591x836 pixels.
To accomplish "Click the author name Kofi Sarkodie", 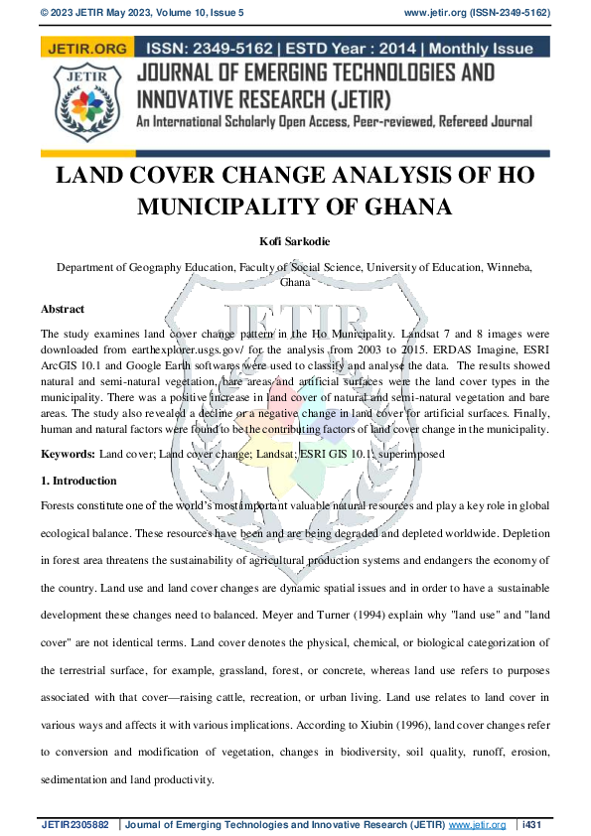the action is pyautogui.click(x=295, y=240).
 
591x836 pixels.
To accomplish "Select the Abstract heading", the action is pyautogui.click(x=63, y=310).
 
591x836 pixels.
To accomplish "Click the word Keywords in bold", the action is pyautogui.click(x=68, y=454).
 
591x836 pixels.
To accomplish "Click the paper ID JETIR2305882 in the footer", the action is pyautogui.click(x=77, y=825).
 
